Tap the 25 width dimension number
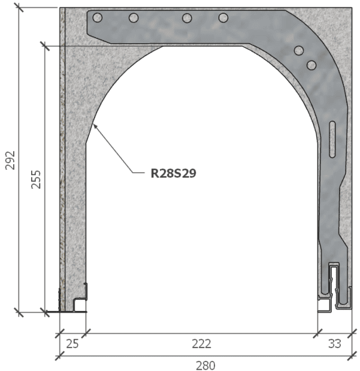72,343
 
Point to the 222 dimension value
201,343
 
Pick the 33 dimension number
335,343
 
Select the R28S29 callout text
174,173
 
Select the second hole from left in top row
134,17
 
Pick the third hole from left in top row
187,17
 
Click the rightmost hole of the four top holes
223,17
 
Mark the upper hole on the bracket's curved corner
300,51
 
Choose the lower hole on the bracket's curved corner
311,64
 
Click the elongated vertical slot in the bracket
333,140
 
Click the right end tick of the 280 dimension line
352,357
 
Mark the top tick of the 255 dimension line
44,43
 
